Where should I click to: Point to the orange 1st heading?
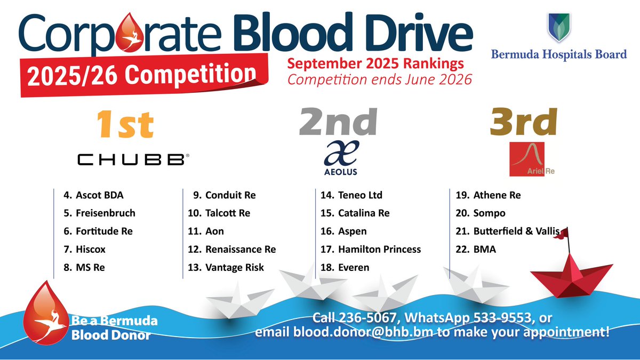pyautogui.click(x=125, y=124)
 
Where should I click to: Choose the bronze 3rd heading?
pyautogui.click(x=523, y=123)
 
